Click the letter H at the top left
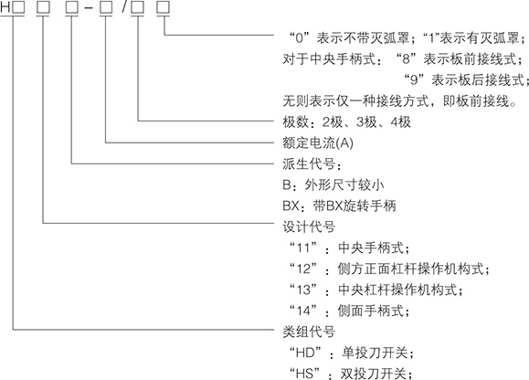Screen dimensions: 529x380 click(5, 8)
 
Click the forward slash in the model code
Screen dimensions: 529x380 click(124, 8)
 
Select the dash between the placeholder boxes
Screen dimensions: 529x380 click(89, 9)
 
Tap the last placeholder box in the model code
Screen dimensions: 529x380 click(164, 8)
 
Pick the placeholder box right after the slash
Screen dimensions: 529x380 click(138, 8)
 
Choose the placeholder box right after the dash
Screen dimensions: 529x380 click(106, 8)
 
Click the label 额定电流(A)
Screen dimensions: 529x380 click(318, 143)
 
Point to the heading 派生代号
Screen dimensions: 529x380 click(309, 164)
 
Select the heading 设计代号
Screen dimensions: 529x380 click(309, 227)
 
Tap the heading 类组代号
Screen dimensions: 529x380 click(309, 332)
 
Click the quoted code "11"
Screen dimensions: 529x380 click(303, 248)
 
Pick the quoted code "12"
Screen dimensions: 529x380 click(303, 269)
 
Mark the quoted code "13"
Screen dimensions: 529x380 click(303, 290)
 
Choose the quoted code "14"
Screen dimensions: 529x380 click(303, 311)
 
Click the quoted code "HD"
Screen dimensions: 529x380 click(306, 353)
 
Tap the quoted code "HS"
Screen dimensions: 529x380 click(305, 374)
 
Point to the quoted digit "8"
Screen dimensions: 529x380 click(406, 59)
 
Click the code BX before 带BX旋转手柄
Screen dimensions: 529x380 click(291, 206)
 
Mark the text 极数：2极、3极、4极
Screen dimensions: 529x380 click(347, 121)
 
